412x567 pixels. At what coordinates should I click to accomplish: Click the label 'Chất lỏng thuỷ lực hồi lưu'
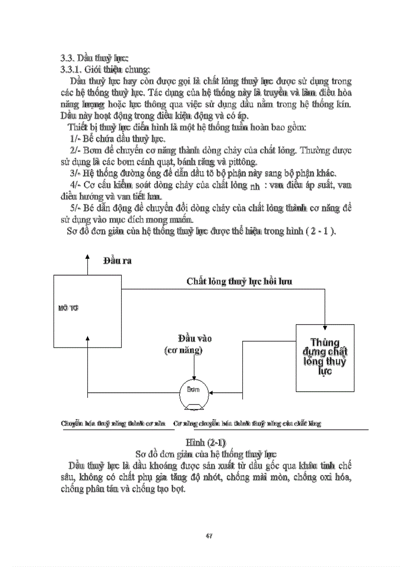pos(239,281)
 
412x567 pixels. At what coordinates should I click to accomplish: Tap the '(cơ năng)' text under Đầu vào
pos(183,350)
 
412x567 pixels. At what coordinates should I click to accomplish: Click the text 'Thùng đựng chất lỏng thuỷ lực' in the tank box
pos(324,355)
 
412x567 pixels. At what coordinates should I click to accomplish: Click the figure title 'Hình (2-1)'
pos(205,442)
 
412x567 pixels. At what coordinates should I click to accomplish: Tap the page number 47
pos(208,535)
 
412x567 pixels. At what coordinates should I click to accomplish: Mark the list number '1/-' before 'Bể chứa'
pos(75,139)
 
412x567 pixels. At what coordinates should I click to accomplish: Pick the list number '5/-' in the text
pos(75,209)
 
